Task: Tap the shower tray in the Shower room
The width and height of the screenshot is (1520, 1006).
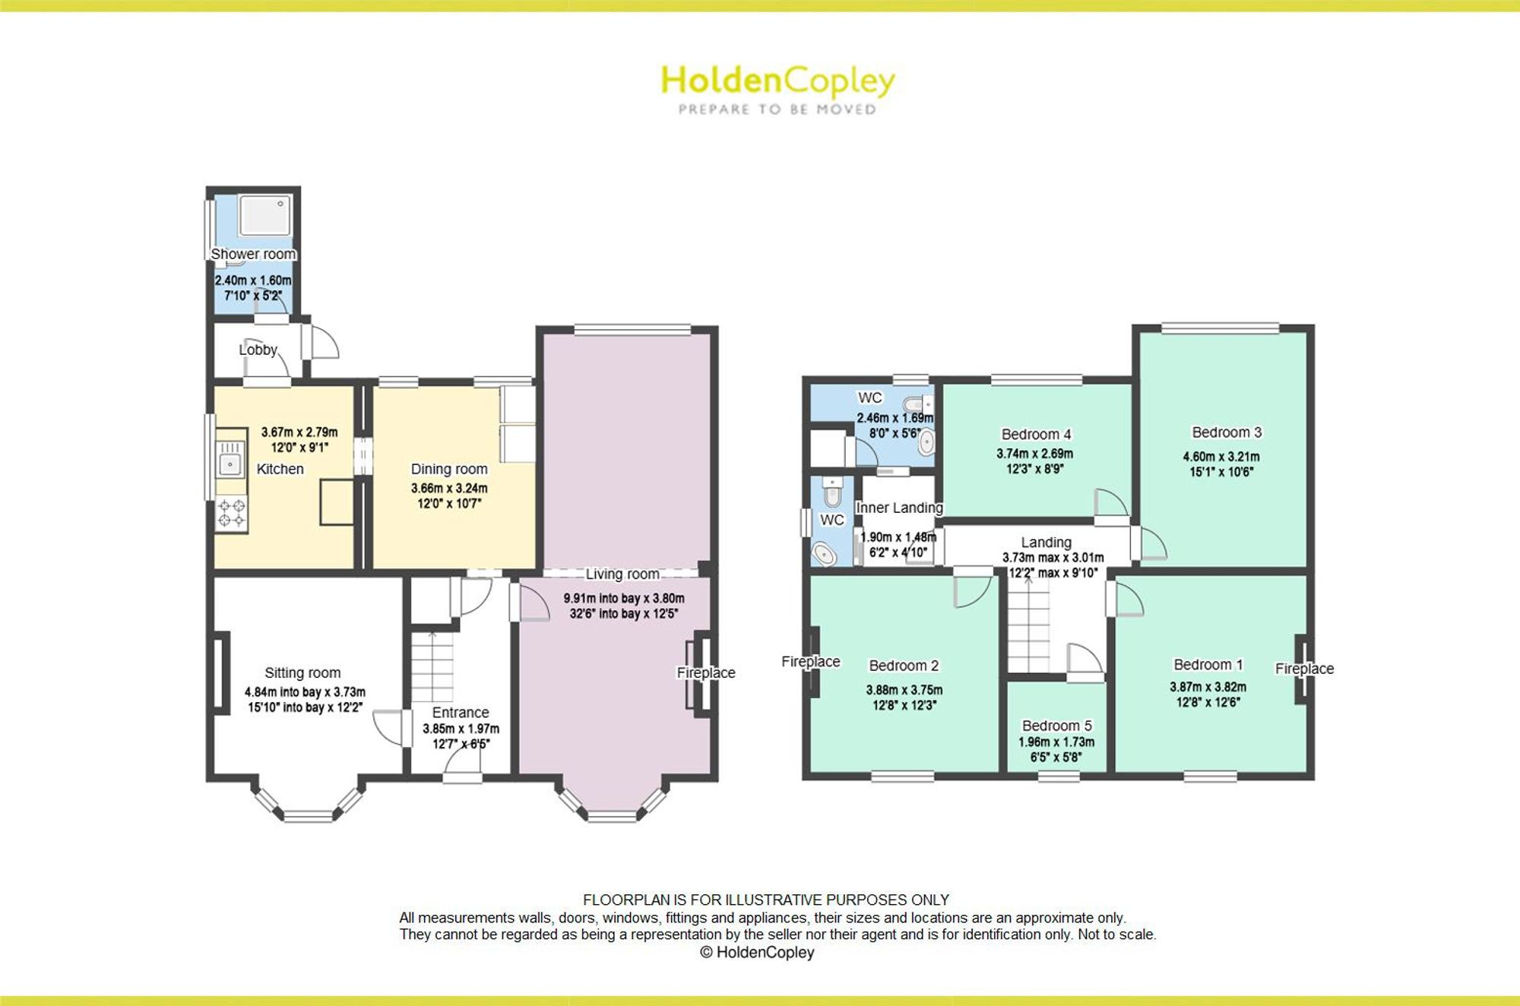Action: (x=264, y=215)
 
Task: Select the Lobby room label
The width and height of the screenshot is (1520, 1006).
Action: (x=258, y=350)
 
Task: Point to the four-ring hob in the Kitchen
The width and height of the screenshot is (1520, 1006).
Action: (x=231, y=513)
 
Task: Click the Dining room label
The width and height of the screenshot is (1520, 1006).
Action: (x=449, y=469)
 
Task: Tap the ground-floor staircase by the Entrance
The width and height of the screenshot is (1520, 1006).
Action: (x=432, y=666)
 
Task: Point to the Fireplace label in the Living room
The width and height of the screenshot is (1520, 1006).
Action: (x=706, y=672)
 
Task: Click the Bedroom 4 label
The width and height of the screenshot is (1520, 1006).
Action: (x=1036, y=434)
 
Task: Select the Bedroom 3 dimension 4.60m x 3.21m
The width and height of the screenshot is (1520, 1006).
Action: (x=1221, y=457)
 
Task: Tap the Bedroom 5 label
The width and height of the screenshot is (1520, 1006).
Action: (x=1056, y=726)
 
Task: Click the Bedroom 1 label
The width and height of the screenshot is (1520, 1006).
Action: (x=1208, y=665)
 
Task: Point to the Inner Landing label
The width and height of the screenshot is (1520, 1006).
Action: (x=899, y=508)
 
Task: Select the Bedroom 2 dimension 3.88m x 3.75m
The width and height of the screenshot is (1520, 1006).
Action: (x=904, y=690)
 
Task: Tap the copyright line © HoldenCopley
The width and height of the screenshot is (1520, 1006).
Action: (x=757, y=952)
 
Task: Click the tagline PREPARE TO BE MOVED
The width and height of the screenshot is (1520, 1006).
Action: (x=777, y=109)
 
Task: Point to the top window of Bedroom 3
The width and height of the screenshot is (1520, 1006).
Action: (x=1220, y=328)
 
